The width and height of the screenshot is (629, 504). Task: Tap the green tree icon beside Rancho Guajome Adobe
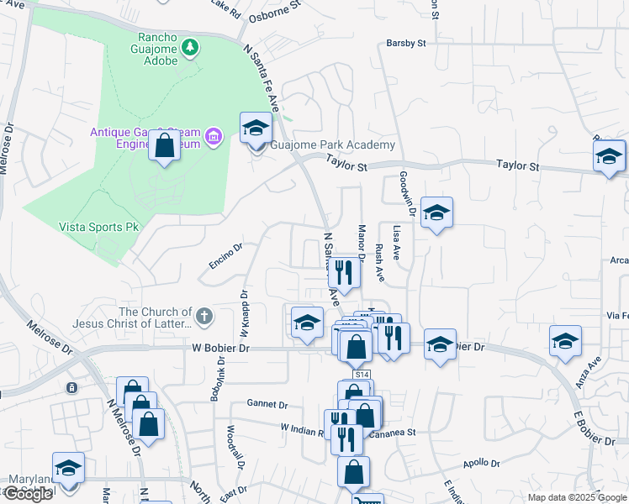coord(192,46)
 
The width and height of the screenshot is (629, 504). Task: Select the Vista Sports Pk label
coord(98,227)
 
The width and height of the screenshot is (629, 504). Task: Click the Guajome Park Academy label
coord(333,145)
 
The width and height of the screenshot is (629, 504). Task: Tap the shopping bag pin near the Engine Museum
coord(165,145)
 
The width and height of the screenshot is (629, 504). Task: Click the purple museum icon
coord(214,137)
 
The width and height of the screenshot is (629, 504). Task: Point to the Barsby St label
coord(406,42)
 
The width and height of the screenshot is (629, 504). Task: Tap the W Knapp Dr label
coord(244,312)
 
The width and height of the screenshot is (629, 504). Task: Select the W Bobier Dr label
coord(198,347)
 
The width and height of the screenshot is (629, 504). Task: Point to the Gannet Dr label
coord(267,403)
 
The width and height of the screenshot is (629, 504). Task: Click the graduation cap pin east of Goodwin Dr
coord(436,213)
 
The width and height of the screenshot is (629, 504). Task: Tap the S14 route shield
coord(362,375)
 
